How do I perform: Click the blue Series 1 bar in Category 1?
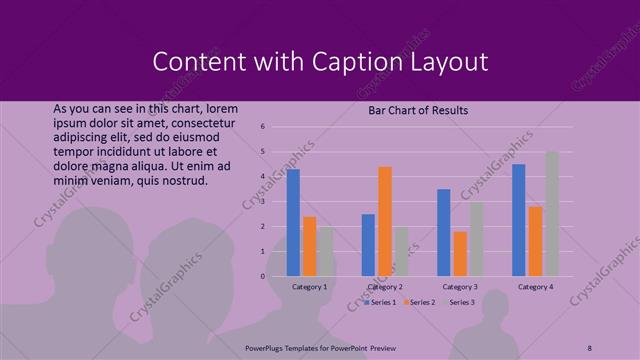293,222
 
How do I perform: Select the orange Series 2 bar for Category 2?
385,221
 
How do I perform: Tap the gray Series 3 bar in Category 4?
552,214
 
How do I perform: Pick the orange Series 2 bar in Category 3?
460,254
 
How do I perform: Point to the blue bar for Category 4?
518,220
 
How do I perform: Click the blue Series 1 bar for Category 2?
368,245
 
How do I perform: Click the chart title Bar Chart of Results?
418,110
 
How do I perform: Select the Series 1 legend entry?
380,301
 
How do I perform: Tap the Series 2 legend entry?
419,301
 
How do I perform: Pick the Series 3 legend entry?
459,301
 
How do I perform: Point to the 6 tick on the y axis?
261,127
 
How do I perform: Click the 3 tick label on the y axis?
261,202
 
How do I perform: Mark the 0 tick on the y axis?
261,277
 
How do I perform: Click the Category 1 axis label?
310,287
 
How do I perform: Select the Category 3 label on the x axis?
460,287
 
